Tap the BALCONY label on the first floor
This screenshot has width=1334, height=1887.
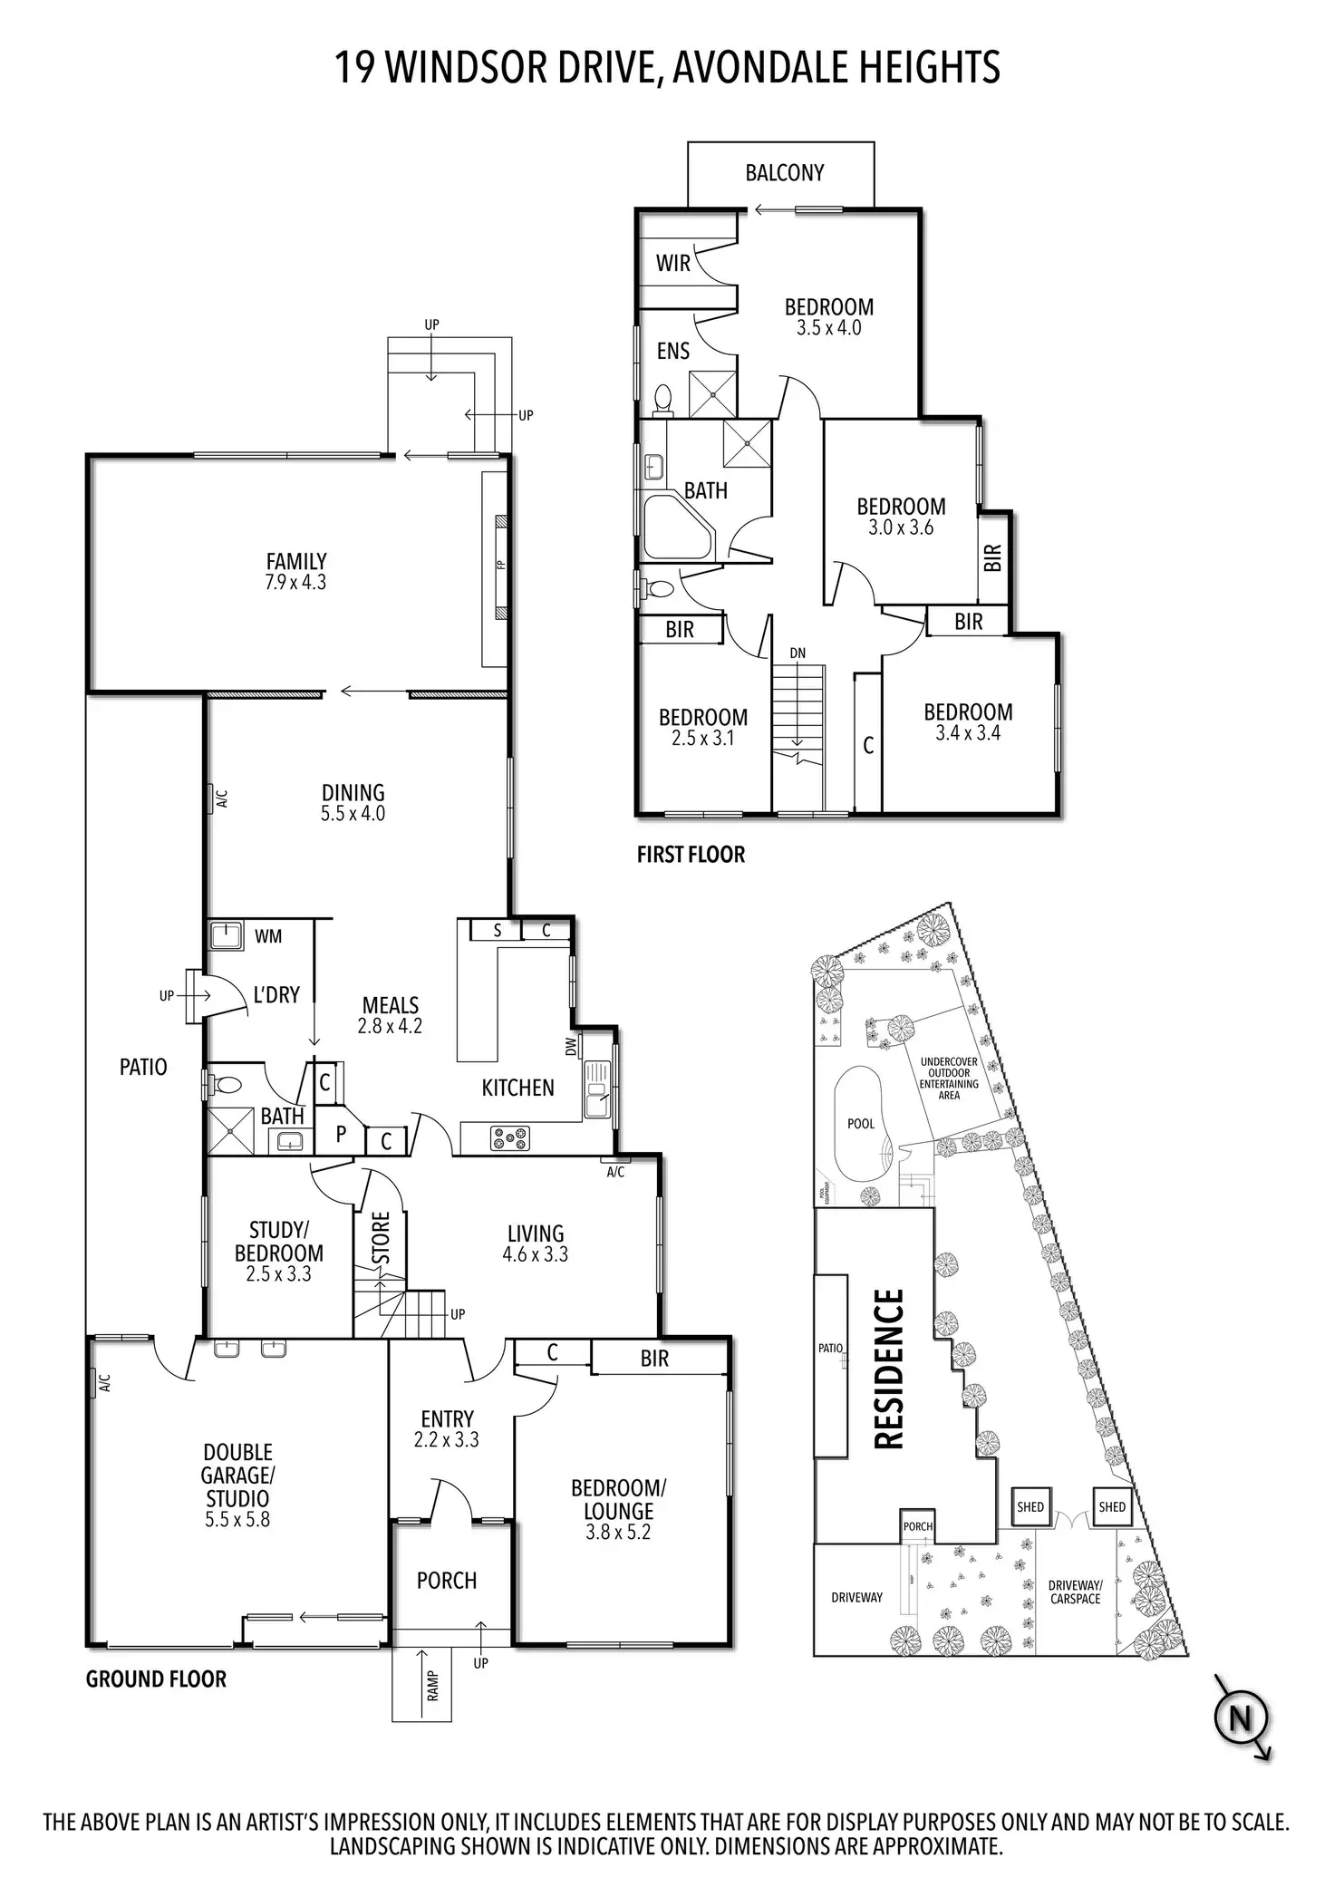(784, 172)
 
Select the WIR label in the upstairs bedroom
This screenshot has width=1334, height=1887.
(672, 263)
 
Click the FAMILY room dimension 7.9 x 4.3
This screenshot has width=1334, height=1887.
(295, 583)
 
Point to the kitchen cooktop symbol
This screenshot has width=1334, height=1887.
(509, 1137)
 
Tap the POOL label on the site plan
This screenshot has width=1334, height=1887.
(860, 1124)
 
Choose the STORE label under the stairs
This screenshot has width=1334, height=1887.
(381, 1237)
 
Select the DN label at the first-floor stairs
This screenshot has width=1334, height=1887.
(797, 653)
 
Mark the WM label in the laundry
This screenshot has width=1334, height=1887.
(268, 936)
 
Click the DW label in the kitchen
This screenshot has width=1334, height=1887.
(571, 1046)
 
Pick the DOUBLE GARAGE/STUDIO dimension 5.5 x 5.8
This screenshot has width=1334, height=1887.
(237, 1520)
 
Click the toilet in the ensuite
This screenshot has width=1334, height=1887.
(662, 399)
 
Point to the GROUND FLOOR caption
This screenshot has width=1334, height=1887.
(156, 1679)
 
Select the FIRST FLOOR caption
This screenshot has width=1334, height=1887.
(691, 855)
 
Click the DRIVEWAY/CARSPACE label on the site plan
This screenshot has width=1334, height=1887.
(1075, 1592)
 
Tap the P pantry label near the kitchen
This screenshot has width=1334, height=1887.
(341, 1134)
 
